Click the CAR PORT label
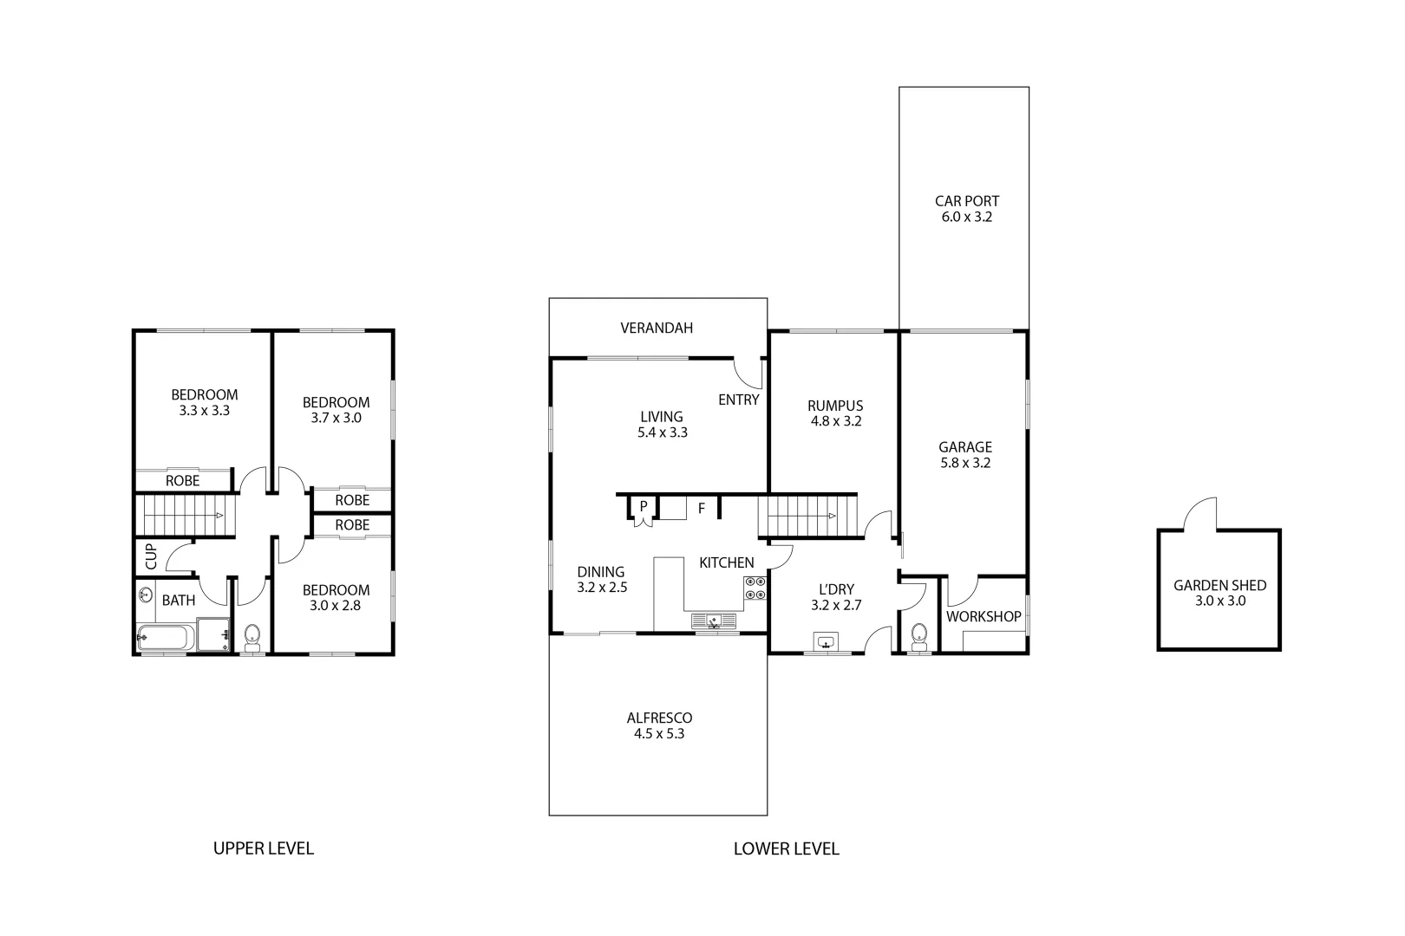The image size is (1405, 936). [x=966, y=201]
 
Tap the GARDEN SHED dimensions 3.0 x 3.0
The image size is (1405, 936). [x=1219, y=601]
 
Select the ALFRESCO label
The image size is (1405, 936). [x=659, y=718]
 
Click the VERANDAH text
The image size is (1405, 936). [x=657, y=328]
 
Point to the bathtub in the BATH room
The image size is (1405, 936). [x=164, y=640]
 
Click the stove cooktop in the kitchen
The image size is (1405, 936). [x=754, y=588]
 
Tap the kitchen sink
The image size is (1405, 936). [x=713, y=621]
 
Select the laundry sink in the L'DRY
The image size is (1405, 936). [x=826, y=642]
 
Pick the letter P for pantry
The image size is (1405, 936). [x=644, y=505]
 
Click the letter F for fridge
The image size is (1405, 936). [x=702, y=509]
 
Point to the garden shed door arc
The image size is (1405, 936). [x=1201, y=513]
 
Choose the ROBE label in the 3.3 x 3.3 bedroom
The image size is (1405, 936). [x=182, y=481]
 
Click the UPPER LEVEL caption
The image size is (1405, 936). [x=263, y=848]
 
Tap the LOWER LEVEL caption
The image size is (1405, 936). [x=786, y=848]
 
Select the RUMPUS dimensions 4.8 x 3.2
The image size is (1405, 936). [x=835, y=421]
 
